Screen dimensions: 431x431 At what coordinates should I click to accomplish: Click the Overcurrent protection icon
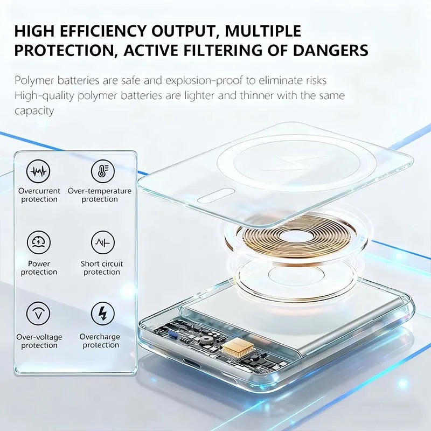38,172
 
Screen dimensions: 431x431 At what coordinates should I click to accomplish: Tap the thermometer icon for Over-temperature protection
99,172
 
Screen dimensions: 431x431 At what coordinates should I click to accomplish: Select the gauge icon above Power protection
38,243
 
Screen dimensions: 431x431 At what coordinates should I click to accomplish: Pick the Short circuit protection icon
102,243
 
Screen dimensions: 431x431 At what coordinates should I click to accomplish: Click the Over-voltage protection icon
38,314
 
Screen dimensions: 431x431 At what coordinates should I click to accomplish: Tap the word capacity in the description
34,111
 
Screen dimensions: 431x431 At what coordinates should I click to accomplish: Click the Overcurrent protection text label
39,195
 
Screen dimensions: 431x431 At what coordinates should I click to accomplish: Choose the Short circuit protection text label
102,268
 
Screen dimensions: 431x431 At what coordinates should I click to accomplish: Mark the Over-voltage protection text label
39,341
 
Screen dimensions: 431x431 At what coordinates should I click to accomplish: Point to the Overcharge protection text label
100,341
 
